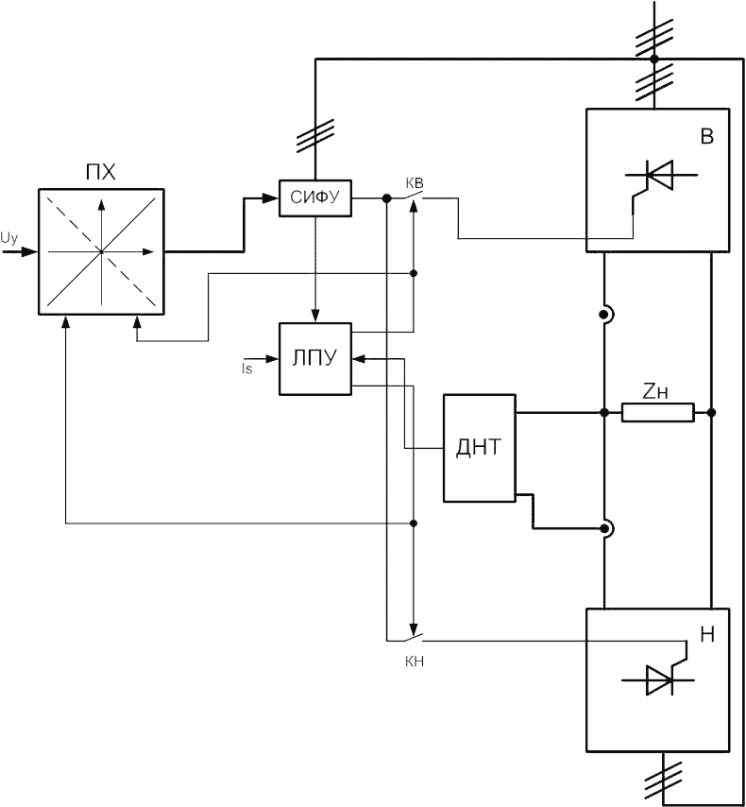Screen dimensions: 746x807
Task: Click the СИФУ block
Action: pyautogui.click(x=315, y=198)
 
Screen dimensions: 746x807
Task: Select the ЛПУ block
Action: pyautogui.click(x=315, y=359)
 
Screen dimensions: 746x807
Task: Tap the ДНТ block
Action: pyautogui.click(x=480, y=448)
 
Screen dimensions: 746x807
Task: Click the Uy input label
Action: pyautogui.click(x=9, y=238)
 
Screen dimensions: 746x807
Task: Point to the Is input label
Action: pyautogui.click(x=247, y=369)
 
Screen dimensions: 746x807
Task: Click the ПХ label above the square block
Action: pyautogui.click(x=101, y=172)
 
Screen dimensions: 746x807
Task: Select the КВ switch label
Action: pyautogui.click(x=415, y=183)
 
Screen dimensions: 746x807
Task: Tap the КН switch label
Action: pyautogui.click(x=415, y=661)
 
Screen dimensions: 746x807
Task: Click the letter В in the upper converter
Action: pyautogui.click(x=707, y=136)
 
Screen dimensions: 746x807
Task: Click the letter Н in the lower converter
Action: pyautogui.click(x=708, y=635)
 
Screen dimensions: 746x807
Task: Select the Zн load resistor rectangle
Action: pyautogui.click(x=658, y=413)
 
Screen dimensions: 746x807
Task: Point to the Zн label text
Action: pyautogui.click(x=655, y=393)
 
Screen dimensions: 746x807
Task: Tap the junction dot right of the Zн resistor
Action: pyautogui.click(x=711, y=413)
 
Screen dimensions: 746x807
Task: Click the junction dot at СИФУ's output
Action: pyautogui.click(x=387, y=198)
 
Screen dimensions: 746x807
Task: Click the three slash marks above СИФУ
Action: pyautogui.click(x=315, y=136)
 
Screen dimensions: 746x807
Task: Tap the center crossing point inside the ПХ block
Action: pyautogui.click(x=101, y=251)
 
